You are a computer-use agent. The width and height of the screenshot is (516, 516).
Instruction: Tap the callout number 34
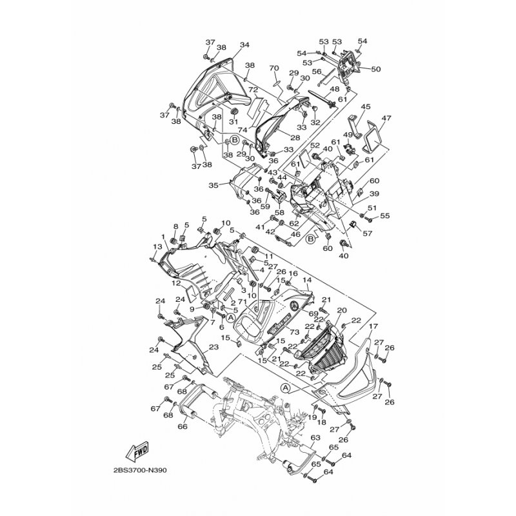click(x=244, y=45)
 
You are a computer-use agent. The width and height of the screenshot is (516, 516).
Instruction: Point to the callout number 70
click(x=273, y=68)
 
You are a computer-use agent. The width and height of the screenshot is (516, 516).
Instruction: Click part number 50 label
click(x=376, y=69)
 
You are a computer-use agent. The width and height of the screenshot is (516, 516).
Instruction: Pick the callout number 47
click(x=386, y=119)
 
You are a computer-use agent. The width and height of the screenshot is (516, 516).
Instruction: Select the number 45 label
click(x=366, y=106)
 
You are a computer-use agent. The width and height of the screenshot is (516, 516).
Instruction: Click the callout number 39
click(x=374, y=193)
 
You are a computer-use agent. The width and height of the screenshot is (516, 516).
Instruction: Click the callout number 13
click(x=157, y=246)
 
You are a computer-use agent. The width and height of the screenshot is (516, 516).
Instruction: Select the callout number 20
click(x=342, y=310)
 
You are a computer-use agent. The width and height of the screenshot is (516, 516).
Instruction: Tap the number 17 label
click(x=373, y=326)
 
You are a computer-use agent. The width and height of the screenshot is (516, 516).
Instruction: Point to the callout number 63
click(x=315, y=437)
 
